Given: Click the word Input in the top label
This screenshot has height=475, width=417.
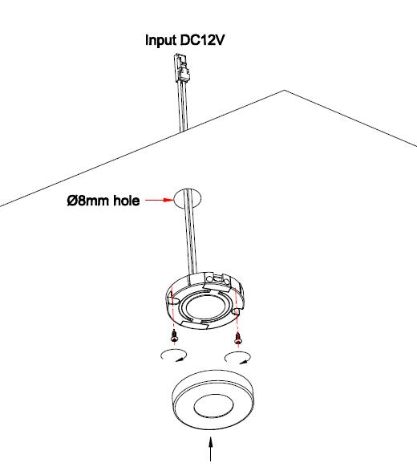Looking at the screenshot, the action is point(160,40).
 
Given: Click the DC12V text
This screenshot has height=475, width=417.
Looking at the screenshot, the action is point(202,39).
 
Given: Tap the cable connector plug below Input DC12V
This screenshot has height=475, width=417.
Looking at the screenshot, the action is point(182,69).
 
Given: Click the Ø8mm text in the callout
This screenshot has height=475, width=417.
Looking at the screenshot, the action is point(90,201).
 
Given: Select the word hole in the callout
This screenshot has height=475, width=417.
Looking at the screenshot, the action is point(127,201).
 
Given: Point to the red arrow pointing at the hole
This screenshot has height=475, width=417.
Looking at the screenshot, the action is point(160,200).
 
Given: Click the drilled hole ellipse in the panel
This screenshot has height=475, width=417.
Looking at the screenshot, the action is point(187,199).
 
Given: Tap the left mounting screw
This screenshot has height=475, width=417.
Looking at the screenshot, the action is point(174,336).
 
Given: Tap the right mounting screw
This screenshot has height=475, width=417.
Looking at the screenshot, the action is point(238,338).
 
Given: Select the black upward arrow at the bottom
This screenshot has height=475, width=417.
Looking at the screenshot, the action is point(211,449).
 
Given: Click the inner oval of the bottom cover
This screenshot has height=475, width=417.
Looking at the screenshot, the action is point(213,406).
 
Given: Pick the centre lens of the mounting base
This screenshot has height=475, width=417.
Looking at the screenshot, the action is point(206,307).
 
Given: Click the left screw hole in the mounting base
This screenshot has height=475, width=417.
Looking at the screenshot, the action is point(174,302).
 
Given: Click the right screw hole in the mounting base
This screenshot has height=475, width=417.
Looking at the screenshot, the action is point(237,311).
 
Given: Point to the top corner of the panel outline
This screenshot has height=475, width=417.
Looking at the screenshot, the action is point(284,90).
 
